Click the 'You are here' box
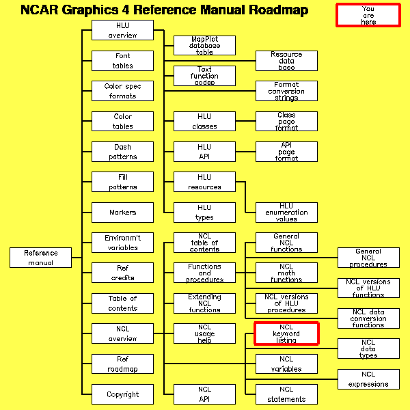coord(368,15)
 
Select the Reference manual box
coord(41,258)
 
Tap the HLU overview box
coord(122,30)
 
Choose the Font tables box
coord(122,61)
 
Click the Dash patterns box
coord(122,152)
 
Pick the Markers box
coord(122,212)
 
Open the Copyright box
coord(122,394)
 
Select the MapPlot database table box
coord(204,46)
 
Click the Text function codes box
coord(204,76)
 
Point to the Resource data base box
coord(286,61)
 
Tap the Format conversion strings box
coord(286,91)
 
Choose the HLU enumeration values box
coord(286,212)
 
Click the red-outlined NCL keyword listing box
coord(286,333)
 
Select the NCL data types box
coord(368,348)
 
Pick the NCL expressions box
coord(368,379)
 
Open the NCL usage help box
coord(204,333)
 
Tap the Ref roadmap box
coord(122,364)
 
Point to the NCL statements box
coord(286,394)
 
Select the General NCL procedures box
coord(368,258)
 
